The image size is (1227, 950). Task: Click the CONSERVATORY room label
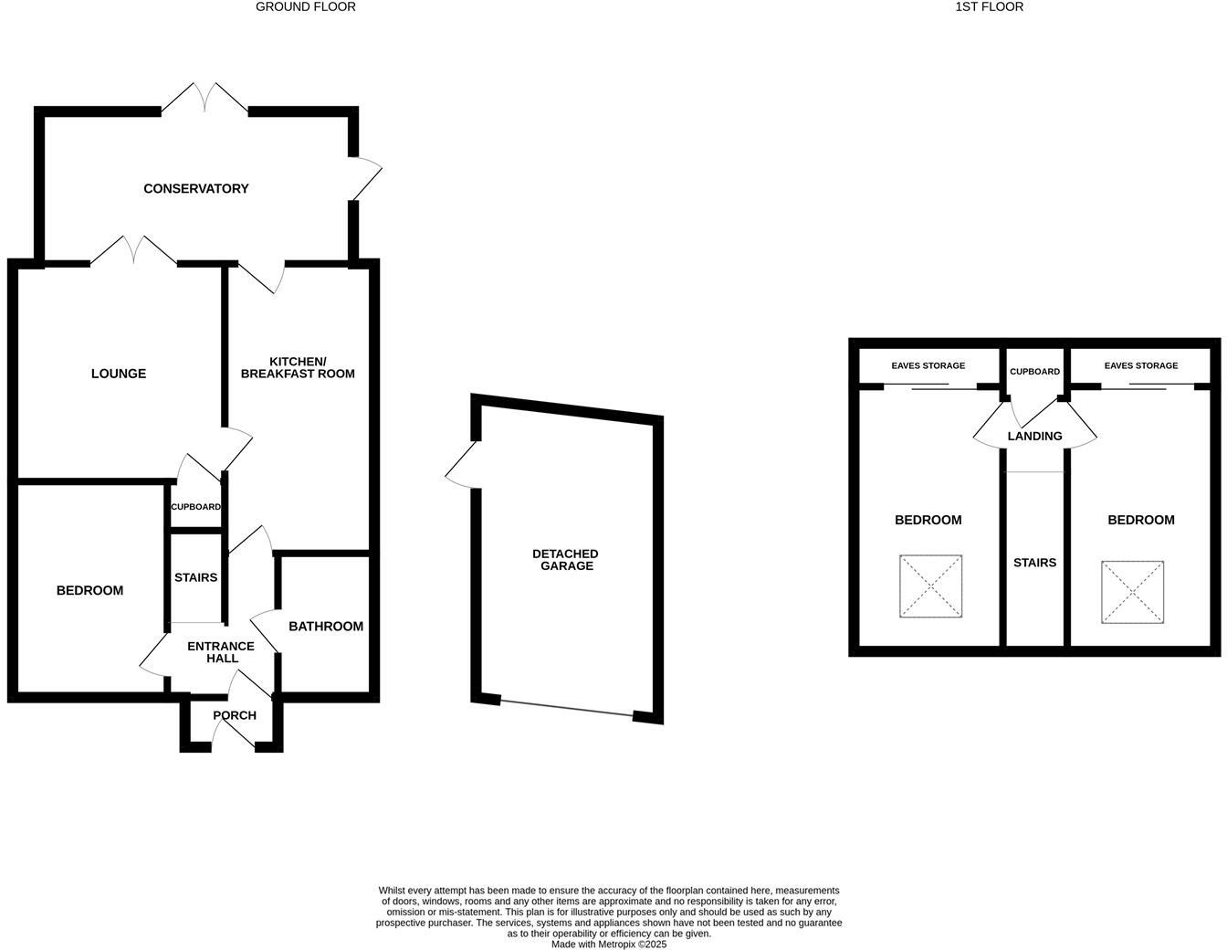coord(195,188)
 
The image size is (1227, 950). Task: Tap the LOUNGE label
coord(119,374)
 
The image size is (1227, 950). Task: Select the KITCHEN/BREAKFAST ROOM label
coord(298,367)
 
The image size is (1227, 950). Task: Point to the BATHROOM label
coord(326,626)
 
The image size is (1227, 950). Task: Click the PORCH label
coord(235,715)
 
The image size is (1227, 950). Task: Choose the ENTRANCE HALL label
coord(221,652)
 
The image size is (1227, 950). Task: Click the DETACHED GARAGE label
coord(566,560)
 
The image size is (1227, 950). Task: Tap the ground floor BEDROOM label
coord(89,590)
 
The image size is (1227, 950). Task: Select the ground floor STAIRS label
coord(195,577)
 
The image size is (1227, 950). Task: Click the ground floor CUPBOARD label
coord(195,507)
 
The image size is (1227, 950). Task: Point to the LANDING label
coord(1034,436)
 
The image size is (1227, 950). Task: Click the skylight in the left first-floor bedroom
coord(930,586)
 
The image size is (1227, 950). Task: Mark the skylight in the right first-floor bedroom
coord(1132,592)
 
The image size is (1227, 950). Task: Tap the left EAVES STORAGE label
coord(928,365)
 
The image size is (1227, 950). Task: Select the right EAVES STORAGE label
coord(1140,365)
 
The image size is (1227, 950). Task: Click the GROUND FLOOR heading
coord(305,6)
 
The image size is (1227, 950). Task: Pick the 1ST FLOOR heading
coord(989,6)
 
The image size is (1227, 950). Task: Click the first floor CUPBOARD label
coord(1034,372)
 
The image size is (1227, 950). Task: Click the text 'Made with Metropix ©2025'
coord(609,945)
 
